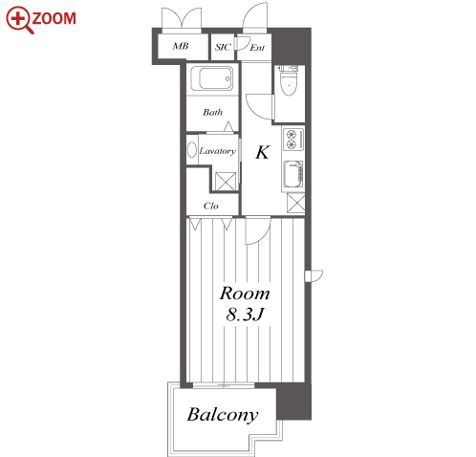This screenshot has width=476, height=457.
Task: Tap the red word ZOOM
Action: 54,18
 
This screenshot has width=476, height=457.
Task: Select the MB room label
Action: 181,46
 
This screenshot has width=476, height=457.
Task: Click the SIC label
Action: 223,47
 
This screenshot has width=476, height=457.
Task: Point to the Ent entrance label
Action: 257,48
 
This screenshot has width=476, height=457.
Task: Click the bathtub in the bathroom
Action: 211,78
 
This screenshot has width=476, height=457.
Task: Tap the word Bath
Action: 212,112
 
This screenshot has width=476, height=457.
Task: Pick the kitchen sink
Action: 292,174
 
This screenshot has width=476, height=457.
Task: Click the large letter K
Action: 263,152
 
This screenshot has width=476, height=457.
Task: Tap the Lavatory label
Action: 218,151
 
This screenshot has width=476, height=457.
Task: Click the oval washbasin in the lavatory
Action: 192,150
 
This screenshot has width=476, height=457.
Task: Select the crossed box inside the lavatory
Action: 226,182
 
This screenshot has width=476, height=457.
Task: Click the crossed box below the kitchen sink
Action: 296,203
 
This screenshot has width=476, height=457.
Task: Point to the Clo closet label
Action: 211,206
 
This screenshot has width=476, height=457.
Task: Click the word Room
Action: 245,294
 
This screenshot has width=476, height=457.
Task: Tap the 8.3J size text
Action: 245,315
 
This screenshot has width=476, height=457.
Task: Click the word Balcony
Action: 223,415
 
